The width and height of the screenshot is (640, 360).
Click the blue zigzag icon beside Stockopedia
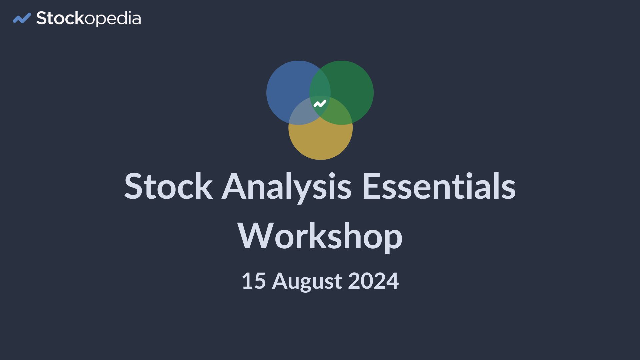(22, 18)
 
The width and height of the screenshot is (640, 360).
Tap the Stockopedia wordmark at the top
(89, 19)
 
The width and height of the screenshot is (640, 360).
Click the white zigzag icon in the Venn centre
(320, 104)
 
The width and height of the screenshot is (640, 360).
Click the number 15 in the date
(254, 281)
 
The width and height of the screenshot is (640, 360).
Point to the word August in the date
(307, 282)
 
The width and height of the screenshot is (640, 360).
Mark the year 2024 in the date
(373, 281)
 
